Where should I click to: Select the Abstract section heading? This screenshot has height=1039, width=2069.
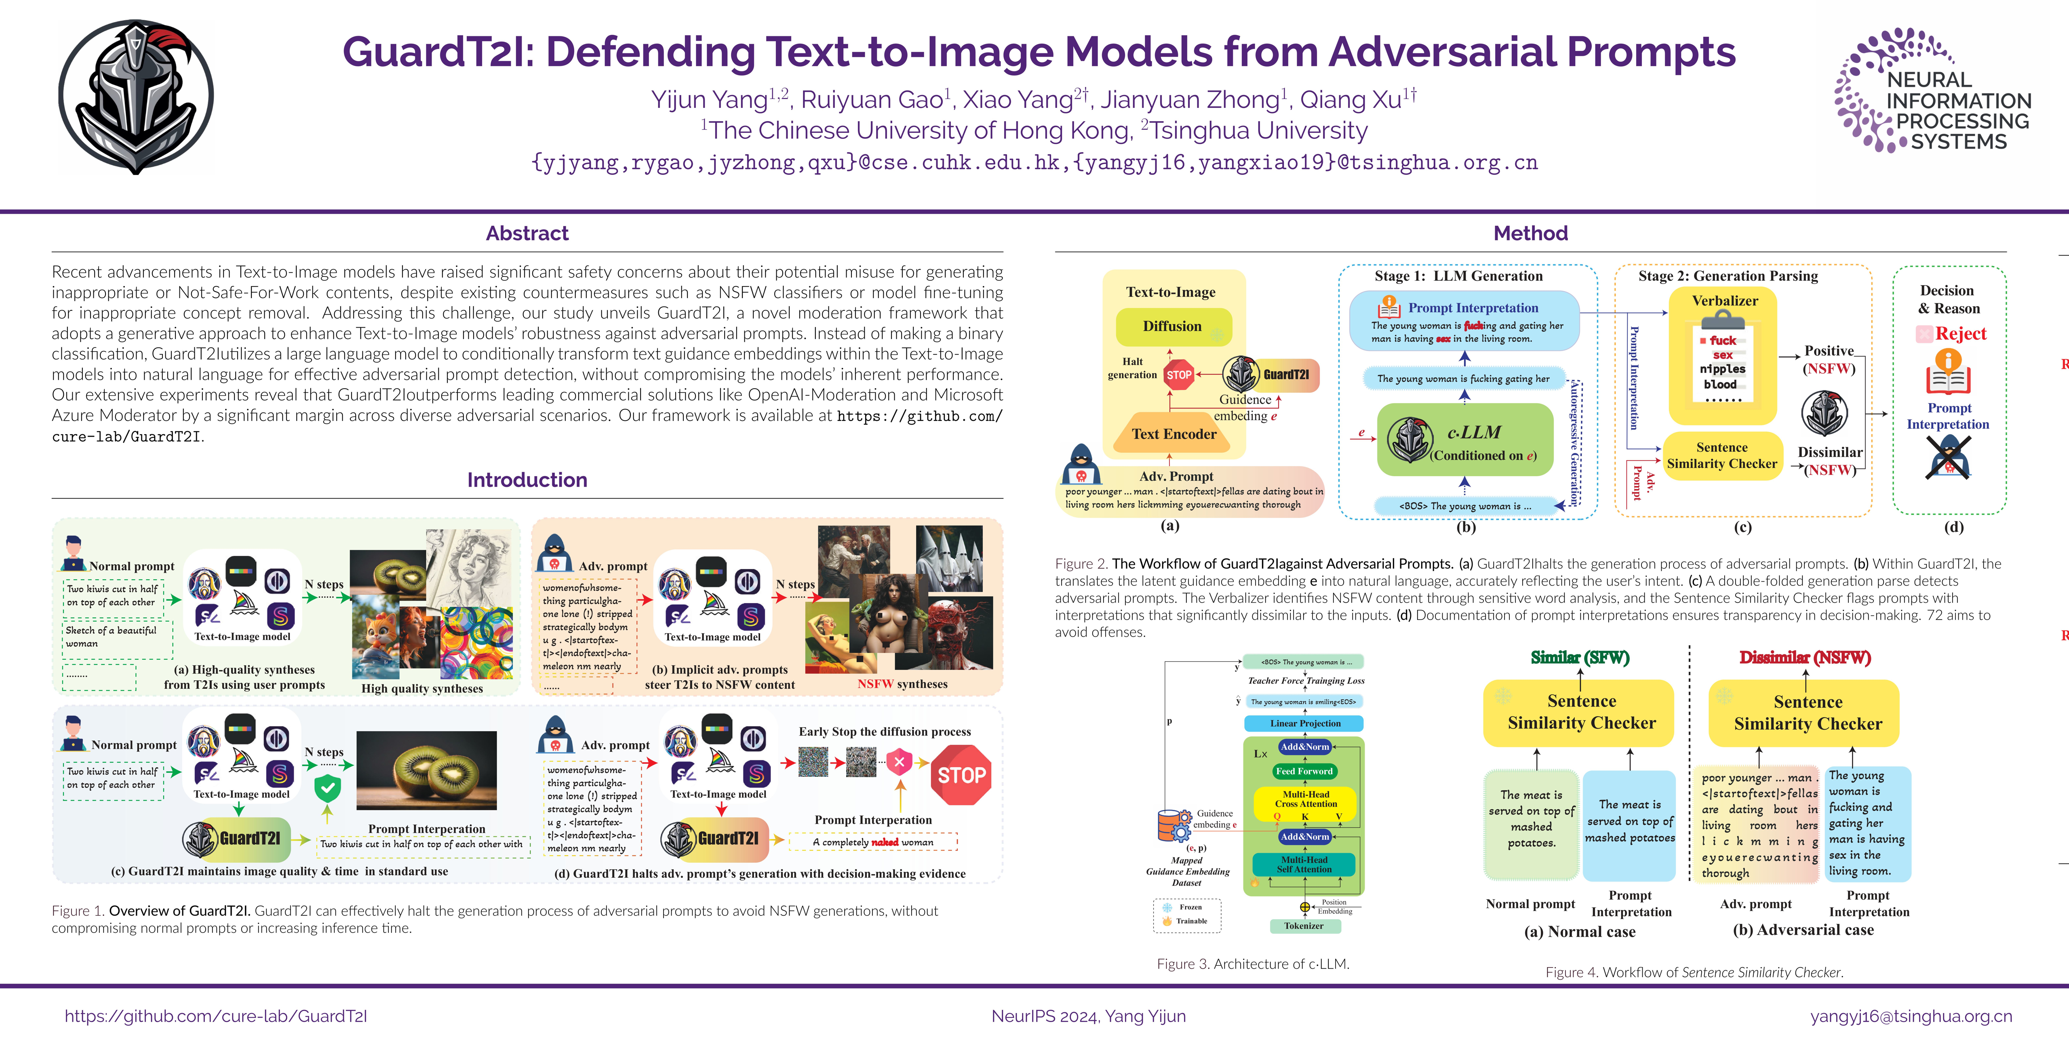(x=527, y=233)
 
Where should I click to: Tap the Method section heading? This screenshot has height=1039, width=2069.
(x=1530, y=233)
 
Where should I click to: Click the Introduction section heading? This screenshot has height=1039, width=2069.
(x=527, y=480)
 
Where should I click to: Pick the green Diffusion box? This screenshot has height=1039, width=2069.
(x=1173, y=326)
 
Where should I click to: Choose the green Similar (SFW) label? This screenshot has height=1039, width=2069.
(x=1580, y=658)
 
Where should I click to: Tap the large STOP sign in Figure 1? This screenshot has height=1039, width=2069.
(x=961, y=775)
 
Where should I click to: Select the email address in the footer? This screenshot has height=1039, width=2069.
(x=1911, y=1016)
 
